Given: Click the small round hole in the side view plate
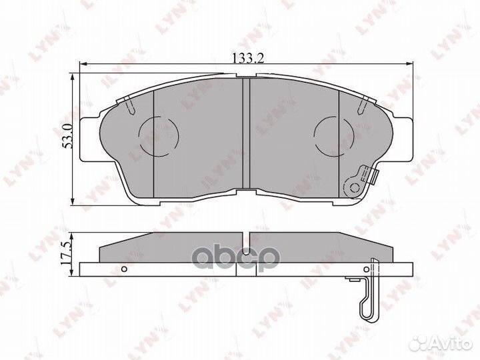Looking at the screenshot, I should tap(125, 269).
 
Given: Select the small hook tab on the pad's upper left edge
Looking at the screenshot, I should tap(127, 103).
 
